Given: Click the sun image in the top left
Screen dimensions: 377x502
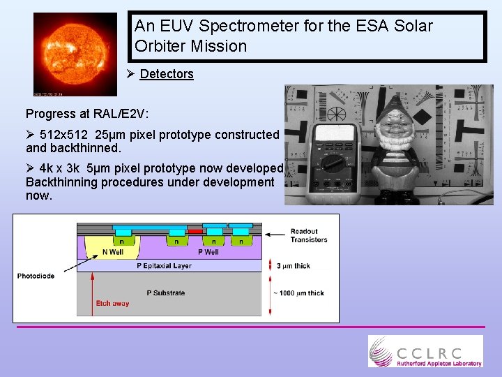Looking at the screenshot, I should coord(75,54).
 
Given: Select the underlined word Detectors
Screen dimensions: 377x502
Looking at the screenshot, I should coord(167,74).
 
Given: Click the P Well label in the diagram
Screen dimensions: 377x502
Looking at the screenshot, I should coord(208,252).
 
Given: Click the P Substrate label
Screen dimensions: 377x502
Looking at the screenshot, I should coord(165,293).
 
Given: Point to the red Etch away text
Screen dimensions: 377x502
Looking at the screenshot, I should coord(112,303).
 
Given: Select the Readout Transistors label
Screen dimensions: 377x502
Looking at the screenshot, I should coord(309,236).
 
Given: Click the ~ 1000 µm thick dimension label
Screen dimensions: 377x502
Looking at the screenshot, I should coord(299,293).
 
